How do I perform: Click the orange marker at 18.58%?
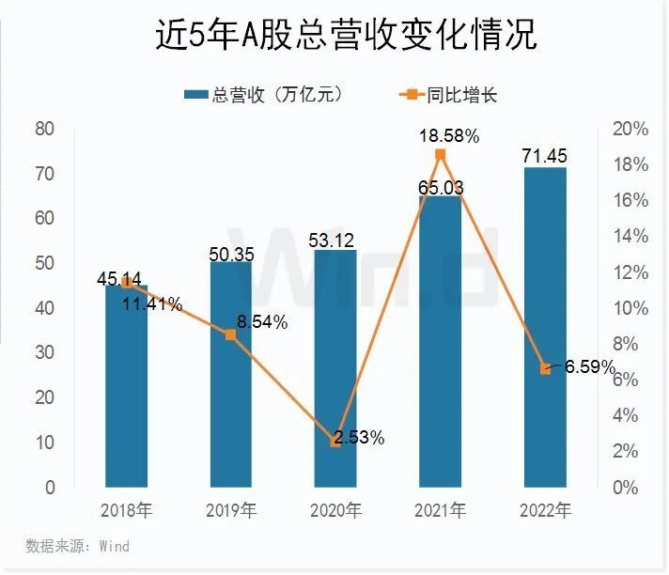coord(440,155)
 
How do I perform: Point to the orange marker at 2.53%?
coord(335,442)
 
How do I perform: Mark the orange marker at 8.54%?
coord(230,334)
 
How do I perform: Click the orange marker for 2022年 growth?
coord(545,368)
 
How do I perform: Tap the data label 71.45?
coord(545,156)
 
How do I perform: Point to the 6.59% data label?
coord(589,365)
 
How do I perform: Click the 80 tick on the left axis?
coord(45,129)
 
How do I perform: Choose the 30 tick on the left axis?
coord(45,353)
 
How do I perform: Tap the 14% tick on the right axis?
coord(623,237)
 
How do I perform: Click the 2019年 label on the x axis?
coord(231,512)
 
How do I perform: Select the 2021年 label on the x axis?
coord(440,512)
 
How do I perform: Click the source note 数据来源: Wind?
coord(77,546)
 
